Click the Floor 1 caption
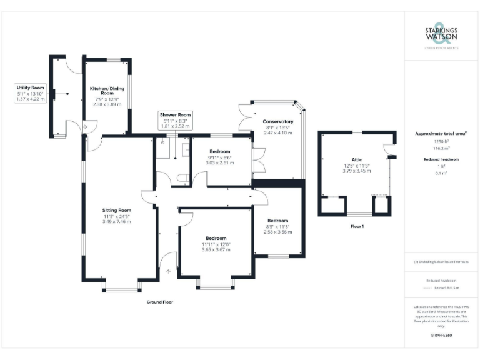(x=357, y=226)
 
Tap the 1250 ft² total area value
(x=441, y=142)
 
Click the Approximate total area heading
(x=441, y=134)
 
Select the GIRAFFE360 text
(x=441, y=336)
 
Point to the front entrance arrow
(x=169, y=271)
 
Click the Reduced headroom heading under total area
(x=441, y=159)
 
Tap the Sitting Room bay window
(x=121, y=289)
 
